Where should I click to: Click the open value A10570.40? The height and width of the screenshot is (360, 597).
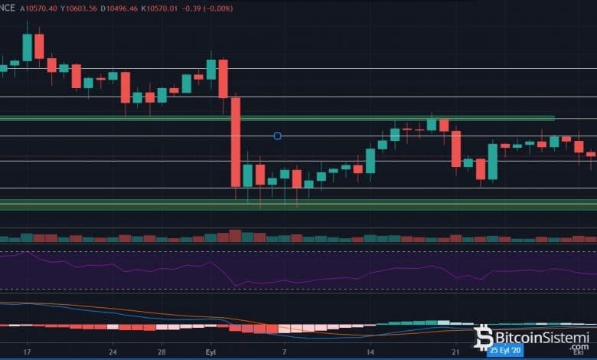pyautogui.click(x=43, y=8)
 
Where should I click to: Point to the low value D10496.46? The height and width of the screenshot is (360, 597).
pyautogui.click(x=142, y=8)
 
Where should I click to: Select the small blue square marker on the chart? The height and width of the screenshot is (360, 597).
pyautogui.click(x=277, y=136)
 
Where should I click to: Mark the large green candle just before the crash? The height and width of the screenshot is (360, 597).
pyautogui.click(x=211, y=69)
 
